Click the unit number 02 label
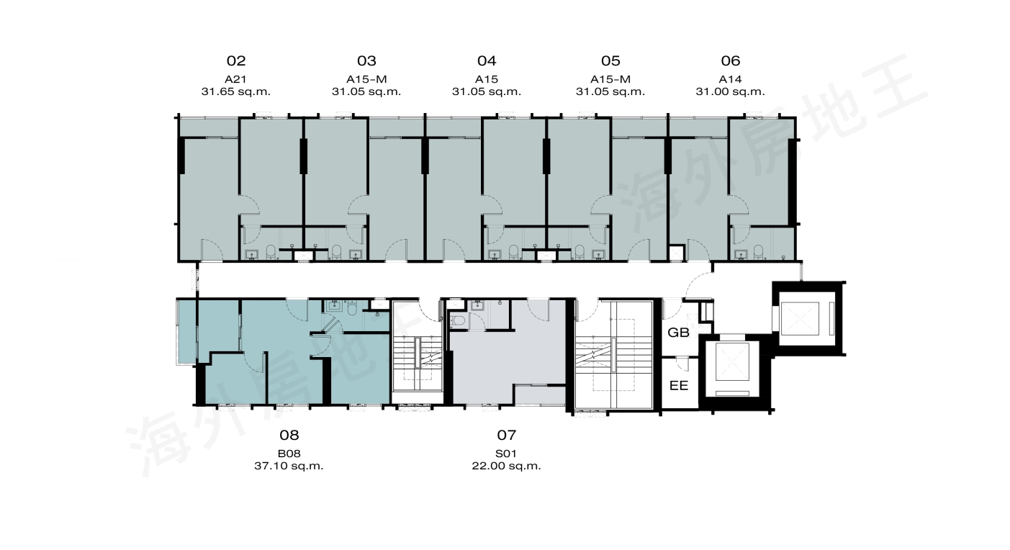(x=236, y=60)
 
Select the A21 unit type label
(x=235, y=79)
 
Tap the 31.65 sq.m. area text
(x=236, y=91)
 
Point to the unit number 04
(x=487, y=60)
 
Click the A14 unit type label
(x=730, y=79)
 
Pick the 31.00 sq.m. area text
(x=730, y=91)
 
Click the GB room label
(x=678, y=333)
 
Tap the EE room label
(x=679, y=385)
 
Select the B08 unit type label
(x=289, y=454)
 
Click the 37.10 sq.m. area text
(x=289, y=466)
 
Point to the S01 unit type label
(x=506, y=454)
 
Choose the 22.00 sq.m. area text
(x=506, y=466)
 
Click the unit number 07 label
(x=506, y=435)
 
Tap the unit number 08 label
(x=289, y=435)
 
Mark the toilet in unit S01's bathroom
(x=458, y=321)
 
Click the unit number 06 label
(x=731, y=60)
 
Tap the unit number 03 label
(x=366, y=60)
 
